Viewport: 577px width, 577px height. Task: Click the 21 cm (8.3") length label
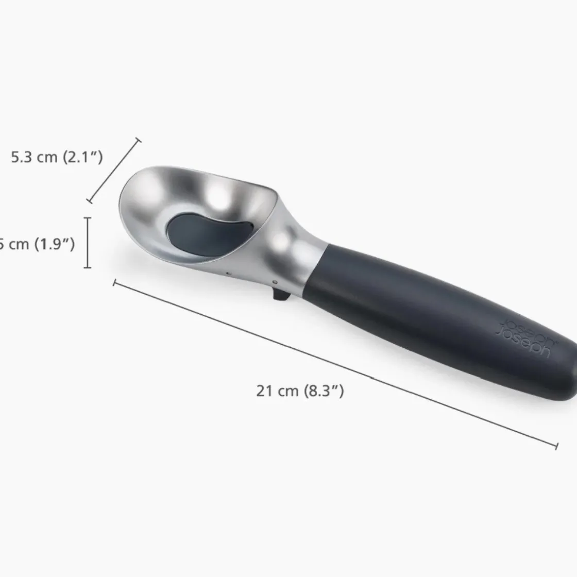pos(300,391)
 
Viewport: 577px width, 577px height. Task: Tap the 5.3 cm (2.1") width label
pos(57,157)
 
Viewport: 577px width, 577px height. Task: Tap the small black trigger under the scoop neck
pos(279,296)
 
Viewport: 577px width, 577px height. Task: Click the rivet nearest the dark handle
pos(275,282)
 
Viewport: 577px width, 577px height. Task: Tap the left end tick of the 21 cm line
pos(114,281)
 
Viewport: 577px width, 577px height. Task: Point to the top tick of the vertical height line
pos(89,218)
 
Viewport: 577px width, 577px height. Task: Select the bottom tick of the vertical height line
pos(89,267)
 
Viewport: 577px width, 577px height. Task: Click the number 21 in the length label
pos(264,391)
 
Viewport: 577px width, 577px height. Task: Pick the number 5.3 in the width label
pos(22,157)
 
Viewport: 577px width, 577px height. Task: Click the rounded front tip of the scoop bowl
pos(124,196)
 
